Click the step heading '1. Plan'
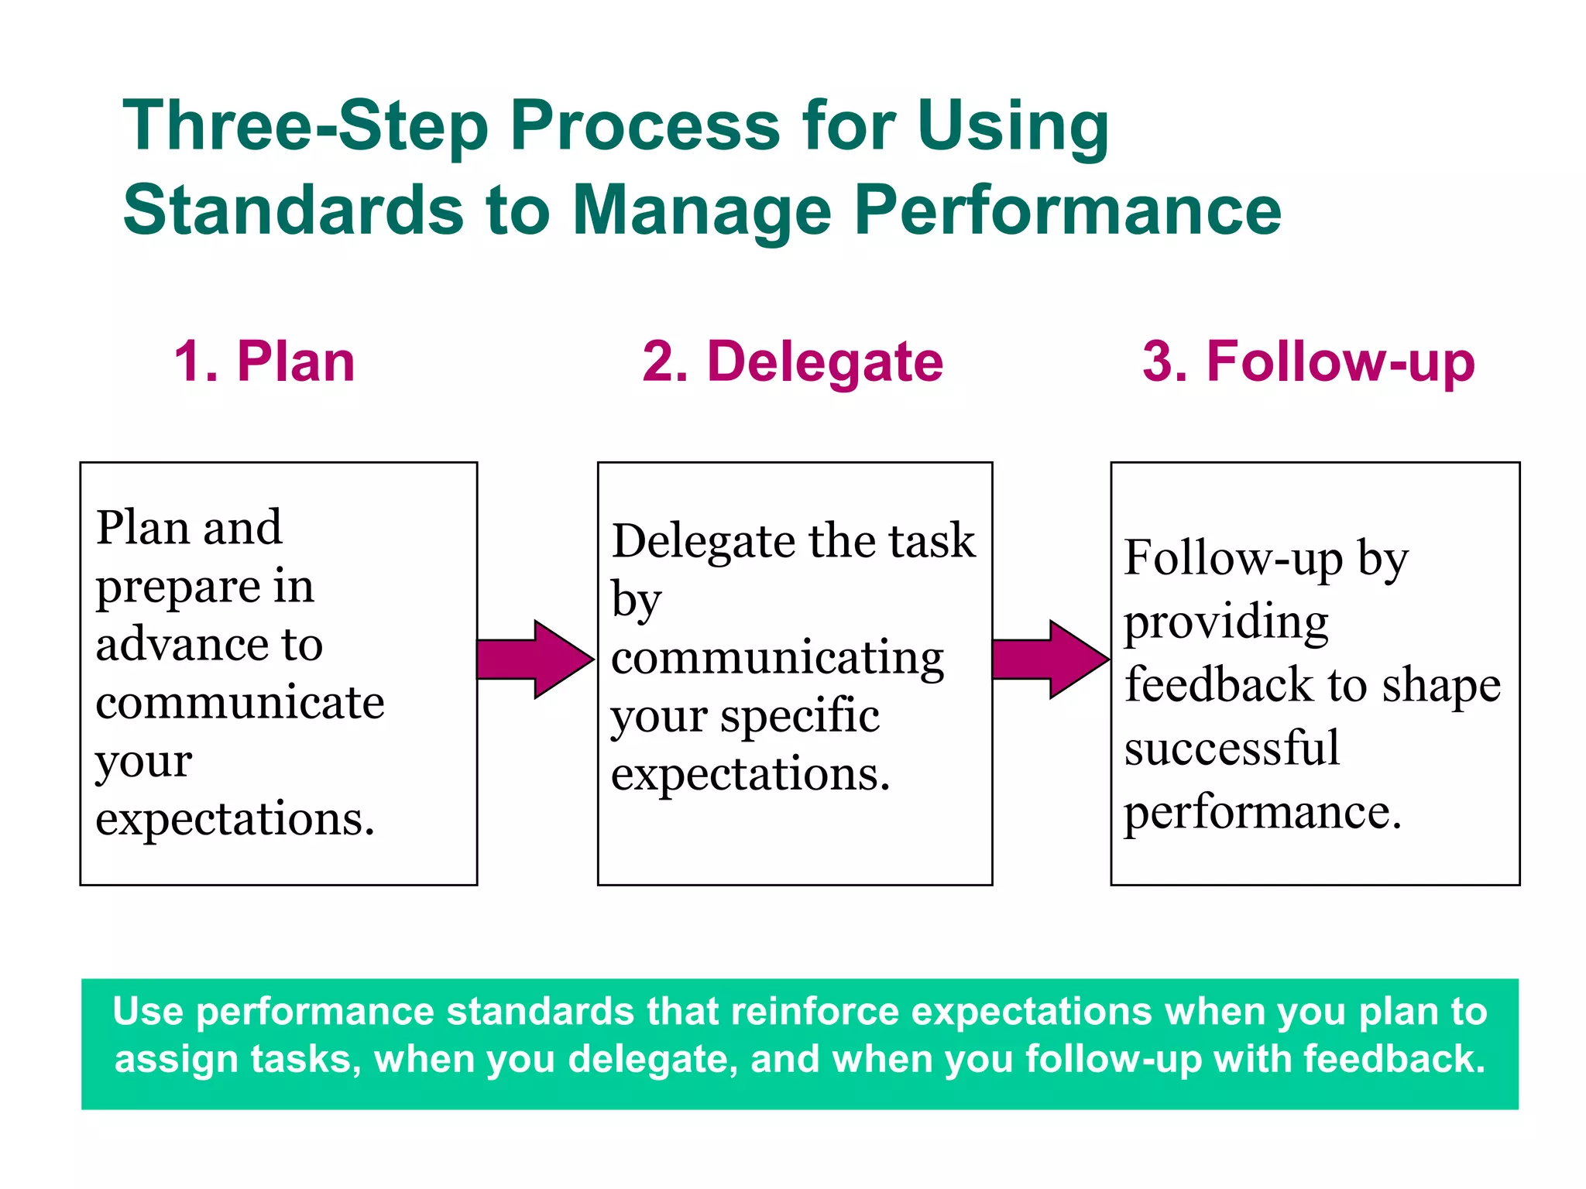264,361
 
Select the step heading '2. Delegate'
792,361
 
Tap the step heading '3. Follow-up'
1308,361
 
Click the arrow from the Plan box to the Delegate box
535,660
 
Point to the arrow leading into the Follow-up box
1050,660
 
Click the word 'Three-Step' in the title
305,125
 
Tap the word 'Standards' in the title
293,211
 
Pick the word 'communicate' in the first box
240,702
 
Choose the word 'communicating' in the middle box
777,660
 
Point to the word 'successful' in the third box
1231,749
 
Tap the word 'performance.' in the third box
1262,813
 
